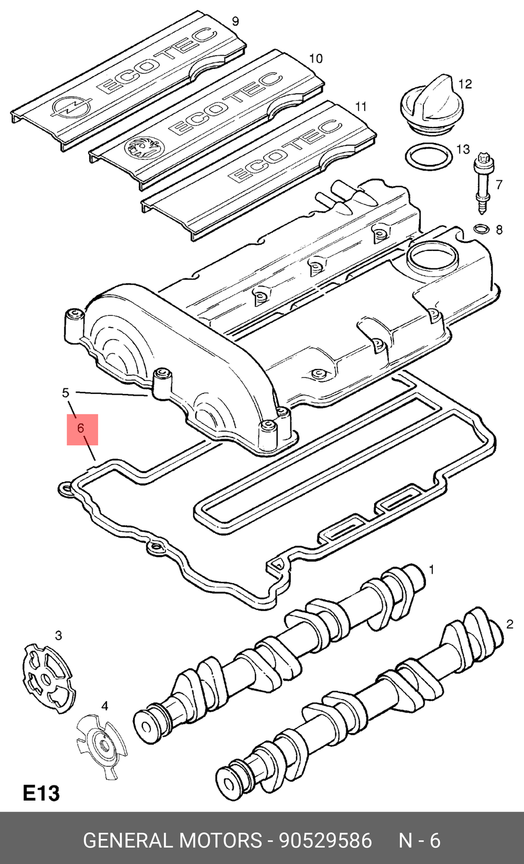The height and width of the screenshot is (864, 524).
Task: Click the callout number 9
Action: click(x=235, y=21)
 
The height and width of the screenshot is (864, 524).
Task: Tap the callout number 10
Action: click(x=315, y=59)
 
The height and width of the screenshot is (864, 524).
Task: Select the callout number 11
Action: click(x=361, y=106)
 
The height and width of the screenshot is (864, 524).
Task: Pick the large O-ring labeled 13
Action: click(x=429, y=157)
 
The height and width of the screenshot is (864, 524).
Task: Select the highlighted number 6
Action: click(x=81, y=428)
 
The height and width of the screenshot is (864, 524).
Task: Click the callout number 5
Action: click(x=65, y=393)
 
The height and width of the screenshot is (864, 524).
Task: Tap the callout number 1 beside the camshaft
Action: click(x=432, y=570)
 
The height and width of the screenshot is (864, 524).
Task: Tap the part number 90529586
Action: click(x=325, y=840)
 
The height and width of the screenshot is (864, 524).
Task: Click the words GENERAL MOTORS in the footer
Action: click(x=172, y=840)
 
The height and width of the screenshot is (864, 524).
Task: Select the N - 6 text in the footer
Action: click(x=419, y=840)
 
